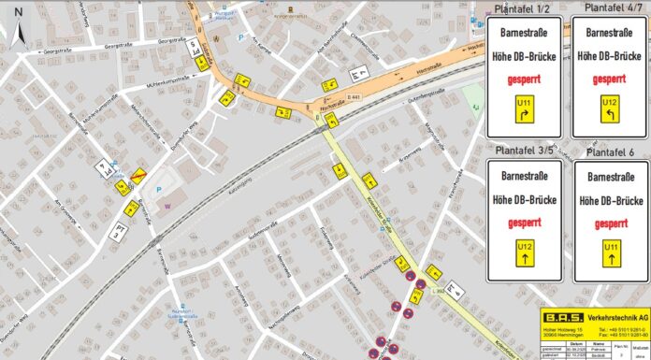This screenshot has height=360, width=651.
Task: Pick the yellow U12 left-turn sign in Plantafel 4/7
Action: click(x=609, y=106)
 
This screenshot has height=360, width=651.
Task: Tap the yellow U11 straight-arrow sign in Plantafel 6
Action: click(x=610, y=251)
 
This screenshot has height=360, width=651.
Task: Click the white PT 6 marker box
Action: click(x=455, y=290)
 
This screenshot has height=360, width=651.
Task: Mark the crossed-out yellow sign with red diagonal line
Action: click(x=137, y=175)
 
